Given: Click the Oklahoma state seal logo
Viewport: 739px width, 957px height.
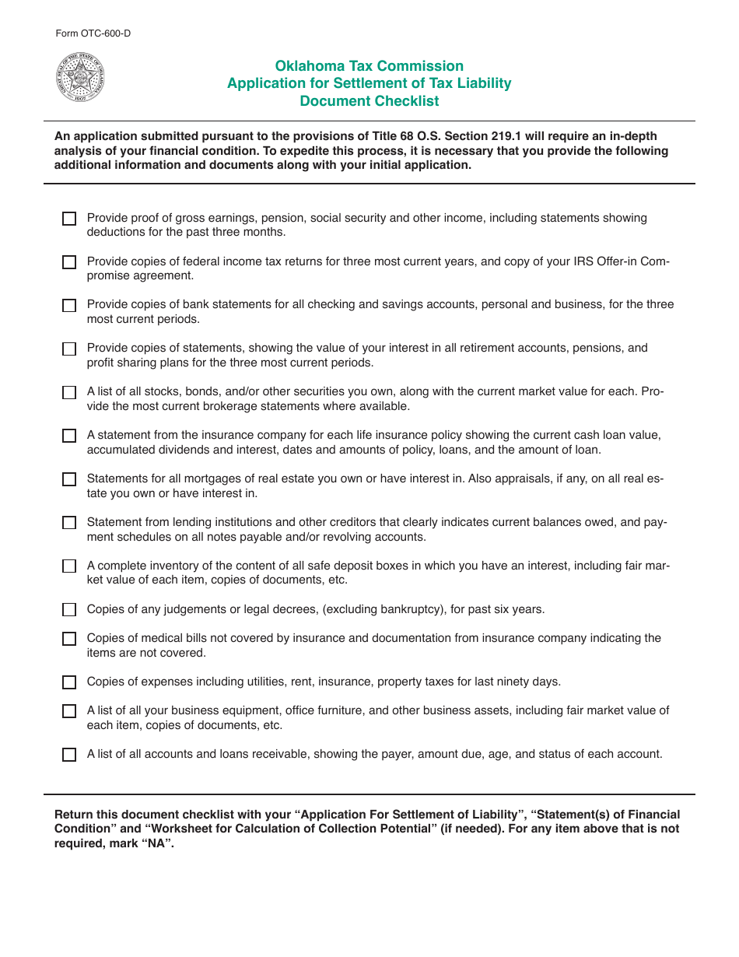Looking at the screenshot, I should tap(80, 78).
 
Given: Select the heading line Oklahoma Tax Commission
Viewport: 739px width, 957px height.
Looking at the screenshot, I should tap(369, 66).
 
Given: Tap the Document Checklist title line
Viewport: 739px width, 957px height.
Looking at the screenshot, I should tap(369, 101).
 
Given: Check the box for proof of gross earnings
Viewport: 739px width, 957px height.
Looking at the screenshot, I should tap(69, 219).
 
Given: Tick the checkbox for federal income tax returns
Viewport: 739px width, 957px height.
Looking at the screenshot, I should tap(69, 262).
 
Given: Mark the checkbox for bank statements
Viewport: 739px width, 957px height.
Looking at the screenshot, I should tap(69, 306).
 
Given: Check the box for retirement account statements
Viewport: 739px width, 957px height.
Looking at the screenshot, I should tap(69, 349).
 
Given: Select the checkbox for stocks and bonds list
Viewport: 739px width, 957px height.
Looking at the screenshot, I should tap(69, 393).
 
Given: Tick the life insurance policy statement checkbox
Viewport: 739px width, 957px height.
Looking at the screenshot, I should tap(69, 436).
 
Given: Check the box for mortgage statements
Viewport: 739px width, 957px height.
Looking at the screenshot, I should tap(69, 479).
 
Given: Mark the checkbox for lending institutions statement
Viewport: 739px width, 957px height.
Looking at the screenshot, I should tap(69, 523).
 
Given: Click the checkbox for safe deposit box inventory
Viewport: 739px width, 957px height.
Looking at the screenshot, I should tap(69, 566).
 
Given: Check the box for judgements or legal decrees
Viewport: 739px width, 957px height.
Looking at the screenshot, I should tap(69, 610).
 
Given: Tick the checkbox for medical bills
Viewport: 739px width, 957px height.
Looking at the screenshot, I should tap(69, 639).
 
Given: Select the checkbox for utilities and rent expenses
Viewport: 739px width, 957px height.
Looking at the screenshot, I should tap(69, 682).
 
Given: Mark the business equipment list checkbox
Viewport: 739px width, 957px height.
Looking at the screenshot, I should tap(69, 711).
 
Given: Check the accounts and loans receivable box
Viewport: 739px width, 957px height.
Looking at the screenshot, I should tap(69, 755).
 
